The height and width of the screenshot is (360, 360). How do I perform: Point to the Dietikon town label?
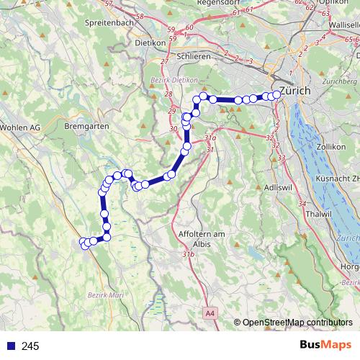click(x=150, y=42)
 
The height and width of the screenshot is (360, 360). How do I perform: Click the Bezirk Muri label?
click(x=106, y=294)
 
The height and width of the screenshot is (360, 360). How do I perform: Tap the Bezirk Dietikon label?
click(x=174, y=80)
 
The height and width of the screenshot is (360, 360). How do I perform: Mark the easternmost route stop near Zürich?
click(x=277, y=94)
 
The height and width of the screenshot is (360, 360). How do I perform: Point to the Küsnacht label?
click(x=336, y=178)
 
